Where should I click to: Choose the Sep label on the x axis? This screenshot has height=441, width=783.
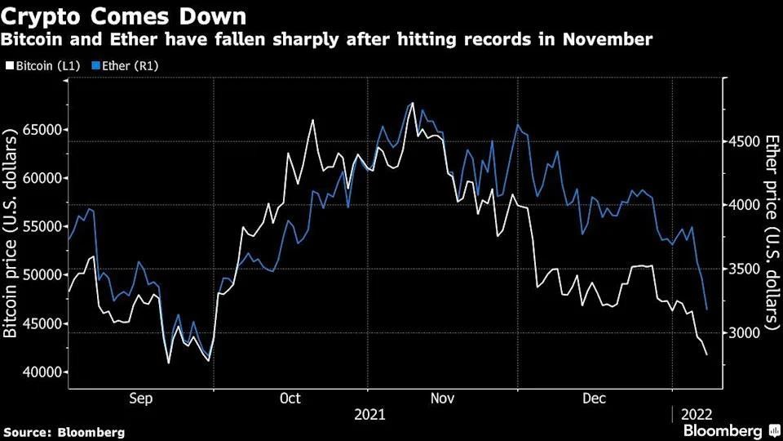141,399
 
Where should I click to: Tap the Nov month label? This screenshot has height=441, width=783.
442,399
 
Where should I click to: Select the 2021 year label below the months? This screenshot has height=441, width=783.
370,415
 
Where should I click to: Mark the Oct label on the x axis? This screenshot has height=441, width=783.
290,399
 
